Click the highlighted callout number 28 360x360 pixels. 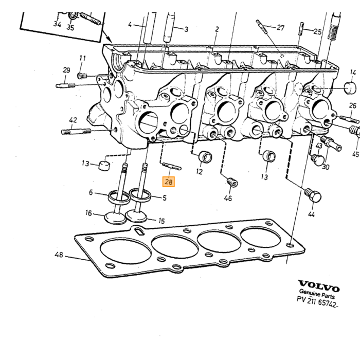click(169, 182)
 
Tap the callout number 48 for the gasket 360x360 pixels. click(59, 255)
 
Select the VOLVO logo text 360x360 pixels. click(319, 286)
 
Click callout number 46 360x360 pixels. click(228, 198)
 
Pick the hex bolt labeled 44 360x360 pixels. click(313, 195)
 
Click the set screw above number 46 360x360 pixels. click(233, 182)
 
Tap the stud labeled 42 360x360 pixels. click(76, 132)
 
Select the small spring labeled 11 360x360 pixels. click(82, 75)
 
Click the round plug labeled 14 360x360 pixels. click(350, 88)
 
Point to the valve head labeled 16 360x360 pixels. click(115, 218)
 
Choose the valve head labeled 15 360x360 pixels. click(136, 217)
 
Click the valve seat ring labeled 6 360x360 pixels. click(119, 197)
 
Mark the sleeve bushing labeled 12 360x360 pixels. click(205, 157)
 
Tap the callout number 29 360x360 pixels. click(66, 70)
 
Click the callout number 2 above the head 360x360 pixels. click(217, 29)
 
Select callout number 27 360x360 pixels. click(281, 28)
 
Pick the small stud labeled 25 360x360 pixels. click(301, 28)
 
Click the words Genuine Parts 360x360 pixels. click(317, 294)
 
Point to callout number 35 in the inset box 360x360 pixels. click(70, 27)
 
